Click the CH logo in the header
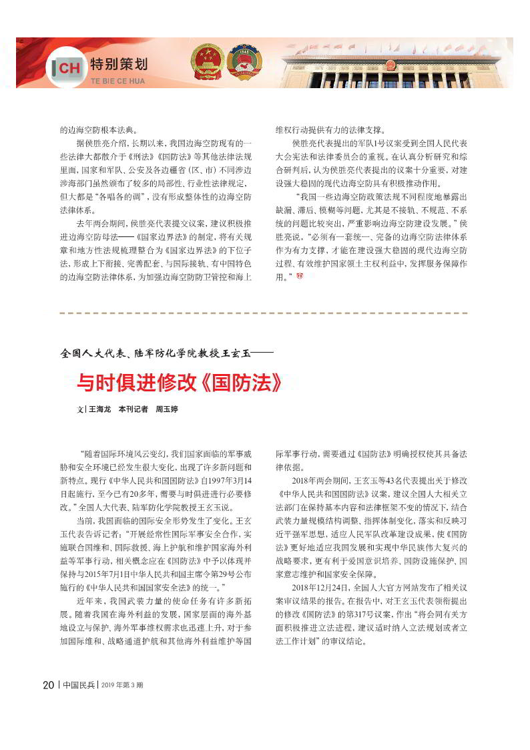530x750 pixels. [67, 68]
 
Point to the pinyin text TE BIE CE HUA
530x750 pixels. [117, 81]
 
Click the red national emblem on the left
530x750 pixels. [208, 62]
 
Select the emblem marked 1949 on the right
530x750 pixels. [244, 63]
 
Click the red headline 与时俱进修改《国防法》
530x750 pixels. [180, 382]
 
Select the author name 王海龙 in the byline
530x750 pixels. [99, 409]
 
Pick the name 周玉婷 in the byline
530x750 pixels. [167, 409]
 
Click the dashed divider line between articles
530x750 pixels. [264, 313]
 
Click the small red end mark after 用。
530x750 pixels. [299, 276]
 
